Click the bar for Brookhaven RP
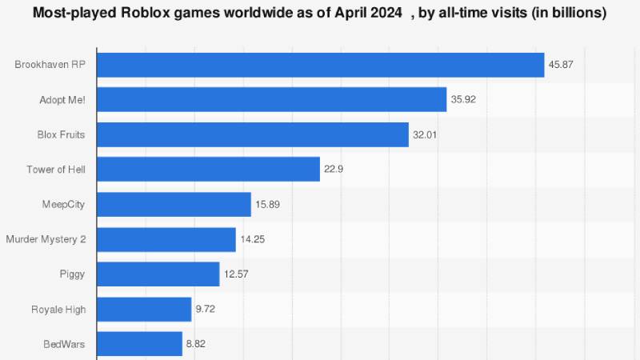(x=320, y=65)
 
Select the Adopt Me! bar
(x=271, y=99)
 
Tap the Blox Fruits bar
(x=253, y=134)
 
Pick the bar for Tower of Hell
(x=208, y=169)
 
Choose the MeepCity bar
(x=174, y=204)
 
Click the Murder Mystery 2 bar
(x=166, y=239)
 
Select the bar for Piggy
(x=158, y=274)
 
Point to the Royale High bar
(x=144, y=309)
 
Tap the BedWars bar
(x=139, y=344)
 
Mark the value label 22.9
(x=334, y=169)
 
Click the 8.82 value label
(x=197, y=344)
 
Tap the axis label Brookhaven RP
(x=50, y=65)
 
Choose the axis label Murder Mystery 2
(x=46, y=239)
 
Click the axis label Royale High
(x=58, y=309)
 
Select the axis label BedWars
(x=64, y=344)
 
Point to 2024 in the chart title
(x=386, y=13)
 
